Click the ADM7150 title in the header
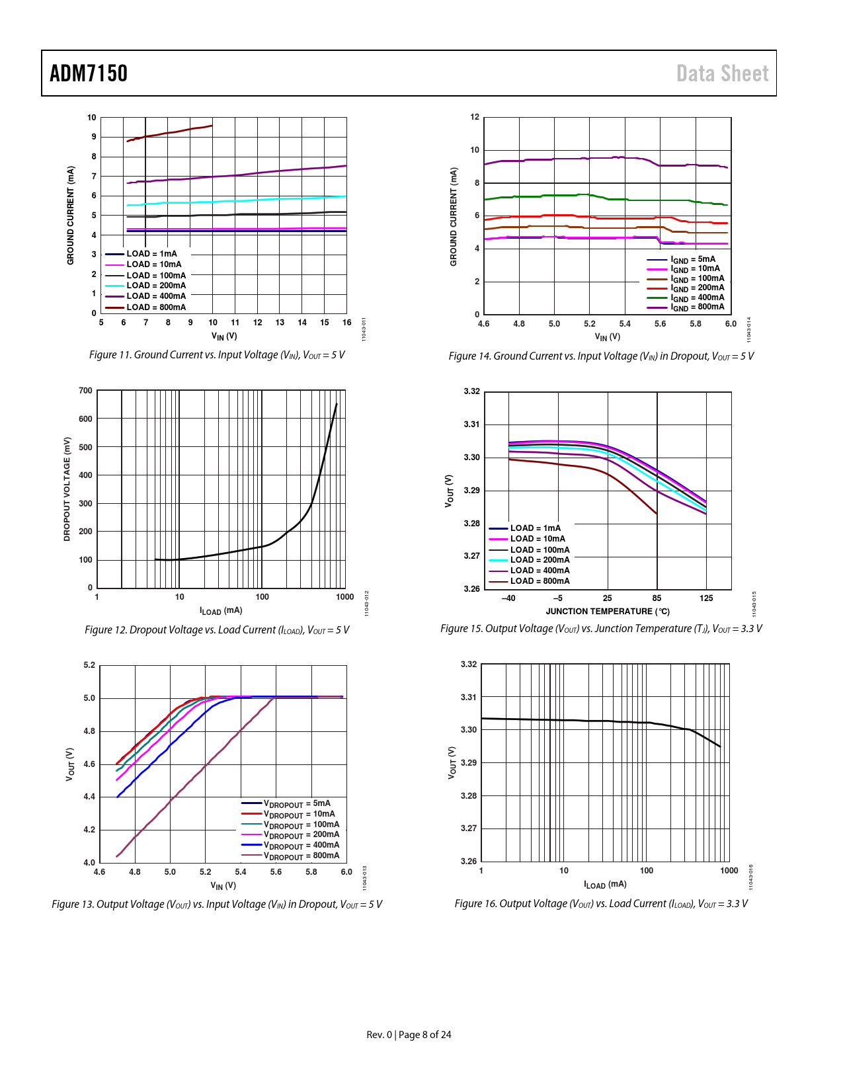pyautogui.click(x=89, y=73)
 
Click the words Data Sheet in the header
pyautogui.click(x=722, y=73)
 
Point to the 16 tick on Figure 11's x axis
pyautogui.click(x=346, y=323)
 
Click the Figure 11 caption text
pyautogui.click(x=217, y=355)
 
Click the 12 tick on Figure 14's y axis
pyautogui.click(x=475, y=117)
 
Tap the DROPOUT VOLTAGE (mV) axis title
pyautogui.click(x=67, y=489)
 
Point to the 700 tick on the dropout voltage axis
pyautogui.click(x=86, y=391)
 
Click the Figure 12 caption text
pyautogui.click(x=217, y=630)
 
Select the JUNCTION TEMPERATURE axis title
pyautogui.click(x=608, y=612)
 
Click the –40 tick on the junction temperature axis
pyautogui.click(x=508, y=598)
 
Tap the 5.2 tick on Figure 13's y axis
pyautogui.click(x=89, y=665)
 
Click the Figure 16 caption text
pyautogui.click(x=601, y=904)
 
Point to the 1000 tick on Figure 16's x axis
pyautogui.click(x=729, y=871)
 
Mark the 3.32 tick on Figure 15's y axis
pyautogui.click(x=472, y=391)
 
